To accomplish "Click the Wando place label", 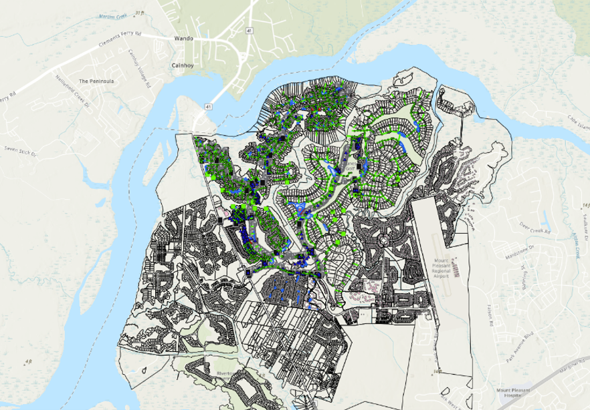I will (183, 39).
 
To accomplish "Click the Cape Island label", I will (576, 122).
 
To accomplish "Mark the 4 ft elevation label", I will (27, 363).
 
